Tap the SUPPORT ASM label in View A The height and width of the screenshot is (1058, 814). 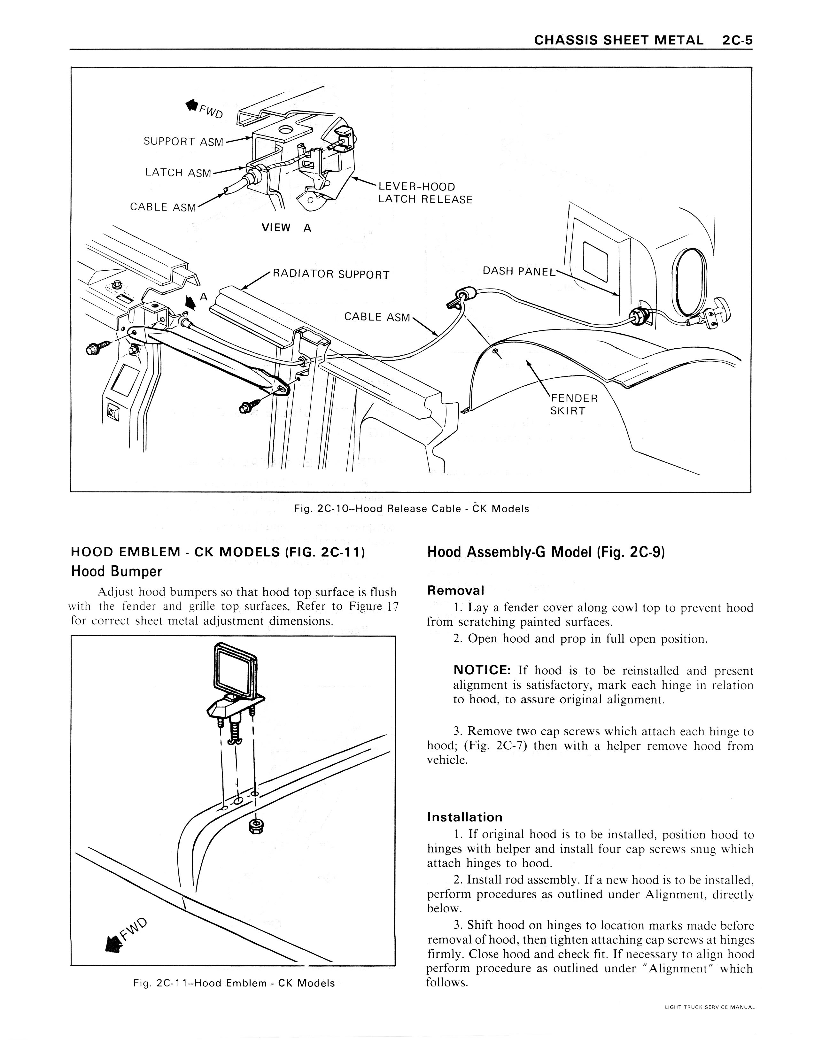183,142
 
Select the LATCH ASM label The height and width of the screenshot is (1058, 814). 178,173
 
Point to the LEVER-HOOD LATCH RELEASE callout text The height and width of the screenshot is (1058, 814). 425,193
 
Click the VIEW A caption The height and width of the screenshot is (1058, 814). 286,228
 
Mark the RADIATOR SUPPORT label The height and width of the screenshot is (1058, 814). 331,275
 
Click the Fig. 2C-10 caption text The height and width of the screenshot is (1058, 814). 411,509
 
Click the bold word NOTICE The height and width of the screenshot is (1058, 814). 482,670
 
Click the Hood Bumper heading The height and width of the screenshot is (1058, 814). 116,572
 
